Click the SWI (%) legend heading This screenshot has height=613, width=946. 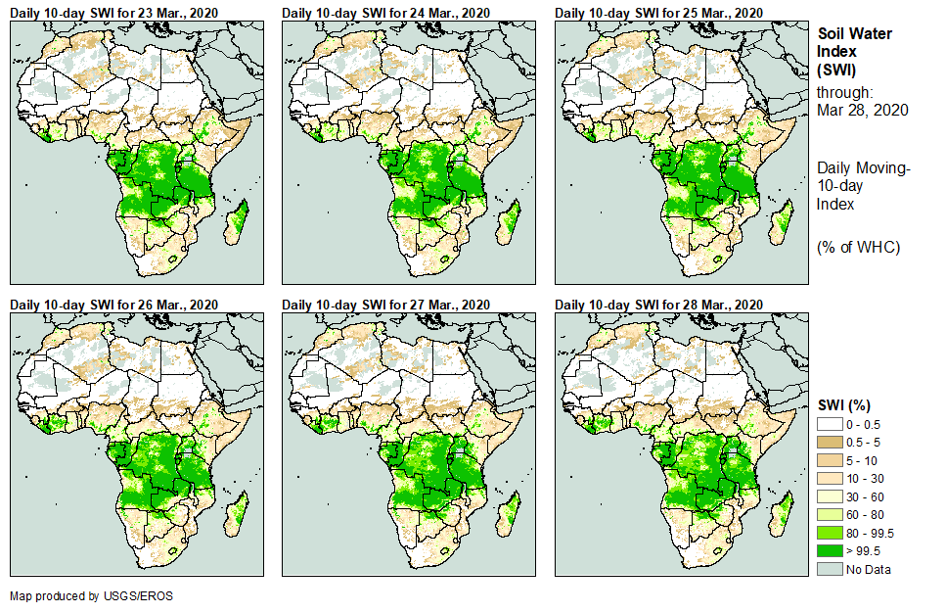point(844,405)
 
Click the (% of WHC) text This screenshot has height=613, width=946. point(858,247)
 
